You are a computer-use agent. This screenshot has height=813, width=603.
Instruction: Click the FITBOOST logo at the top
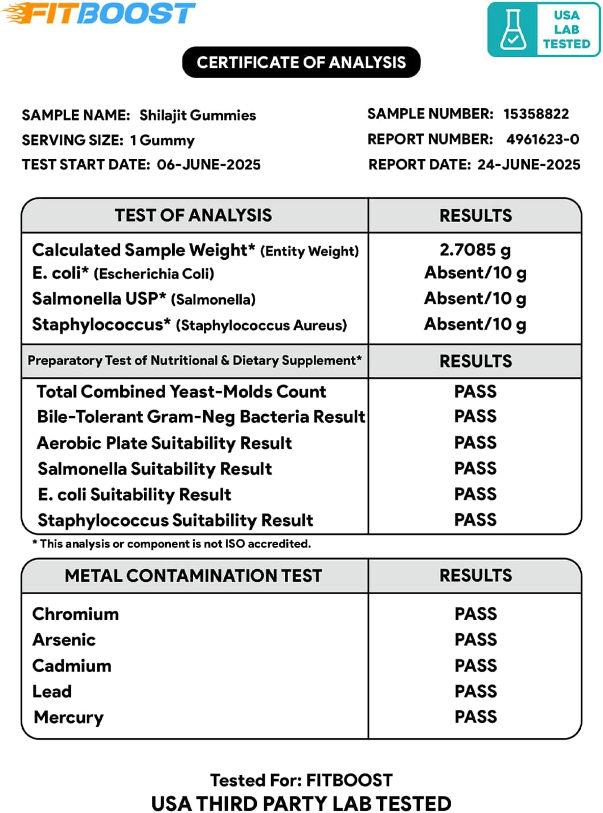click(x=100, y=14)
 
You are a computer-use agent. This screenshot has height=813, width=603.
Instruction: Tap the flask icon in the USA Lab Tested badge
click(x=512, y=30)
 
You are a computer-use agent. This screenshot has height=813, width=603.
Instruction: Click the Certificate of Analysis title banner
click(x=301, y=62)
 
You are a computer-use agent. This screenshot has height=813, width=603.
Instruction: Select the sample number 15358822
click(x=536, y=114)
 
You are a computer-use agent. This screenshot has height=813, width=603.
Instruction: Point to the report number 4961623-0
click(x=542, y=139)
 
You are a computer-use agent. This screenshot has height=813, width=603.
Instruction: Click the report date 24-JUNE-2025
click(x=528, y=165)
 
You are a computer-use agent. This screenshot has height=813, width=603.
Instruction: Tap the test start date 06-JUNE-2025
click(x=208, y=165)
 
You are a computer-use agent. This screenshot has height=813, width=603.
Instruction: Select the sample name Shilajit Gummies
click(x=198, y=115)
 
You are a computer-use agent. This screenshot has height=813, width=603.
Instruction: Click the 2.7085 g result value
click(x=475, y=250)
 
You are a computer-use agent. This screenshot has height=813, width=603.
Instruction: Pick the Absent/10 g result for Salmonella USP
click(x=475, y=298)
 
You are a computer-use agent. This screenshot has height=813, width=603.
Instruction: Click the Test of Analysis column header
click(x=193, y=215)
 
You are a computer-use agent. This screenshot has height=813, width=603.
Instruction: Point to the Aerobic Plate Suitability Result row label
click(x=164, y=443)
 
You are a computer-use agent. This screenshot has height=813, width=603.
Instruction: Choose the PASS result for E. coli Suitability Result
click(x=475, y=494)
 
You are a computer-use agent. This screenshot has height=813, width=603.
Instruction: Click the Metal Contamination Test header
click(x=193, y=575)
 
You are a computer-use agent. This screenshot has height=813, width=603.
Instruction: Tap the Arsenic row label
click(x=64, y=640)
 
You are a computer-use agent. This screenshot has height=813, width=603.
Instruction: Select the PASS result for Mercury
click(x=475, y=717)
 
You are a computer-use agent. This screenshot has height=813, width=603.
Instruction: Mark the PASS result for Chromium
click(x=475, y=614)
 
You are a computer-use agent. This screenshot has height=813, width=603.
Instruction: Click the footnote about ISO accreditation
click(x=172, y=544)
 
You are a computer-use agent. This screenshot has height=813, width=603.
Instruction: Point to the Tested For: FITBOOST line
click(x=301, y=779)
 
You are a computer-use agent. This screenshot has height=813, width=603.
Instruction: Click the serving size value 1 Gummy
click(x=162, y=140)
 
